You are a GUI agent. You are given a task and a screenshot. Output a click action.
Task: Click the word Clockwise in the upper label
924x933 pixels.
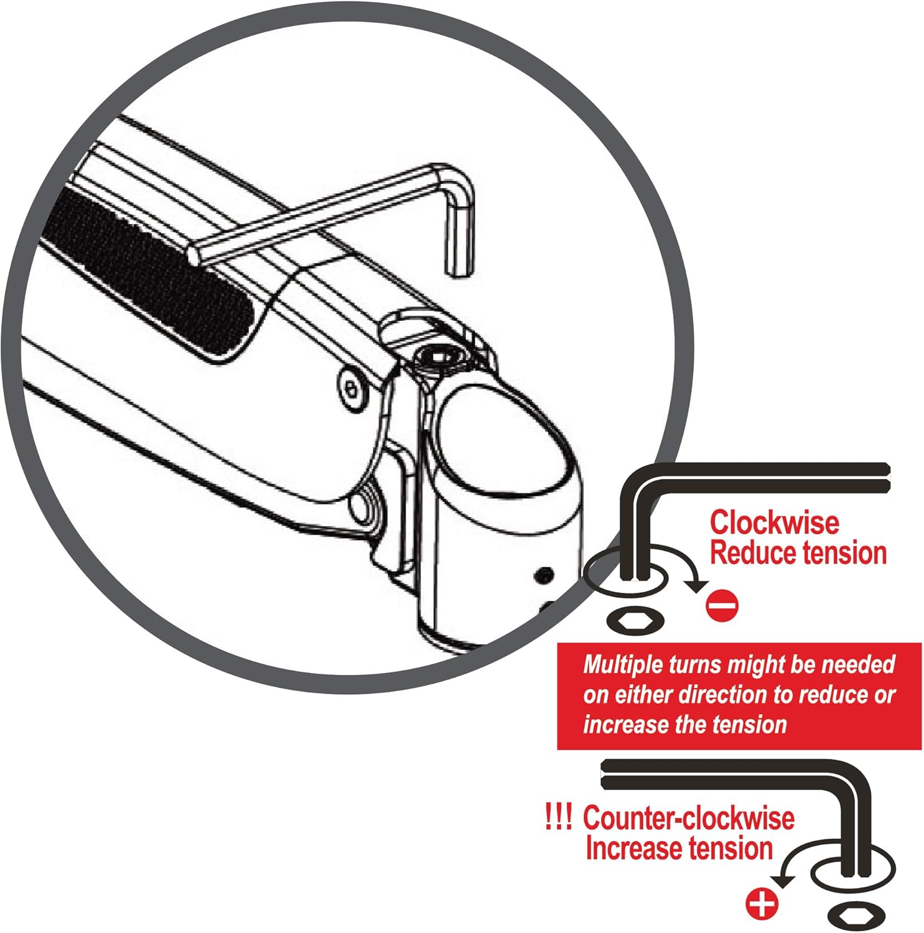(774, 522)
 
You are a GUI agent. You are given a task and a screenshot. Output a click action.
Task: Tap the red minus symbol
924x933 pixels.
(722, 605)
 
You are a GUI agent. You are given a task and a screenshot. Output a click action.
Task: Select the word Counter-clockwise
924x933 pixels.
(688, 819)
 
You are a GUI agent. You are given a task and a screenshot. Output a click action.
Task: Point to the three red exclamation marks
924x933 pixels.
(558, 817)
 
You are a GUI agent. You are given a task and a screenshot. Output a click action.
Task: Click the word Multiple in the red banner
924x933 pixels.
(623, 665)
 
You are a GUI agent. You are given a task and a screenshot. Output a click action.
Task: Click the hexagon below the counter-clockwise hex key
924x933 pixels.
(857, 916)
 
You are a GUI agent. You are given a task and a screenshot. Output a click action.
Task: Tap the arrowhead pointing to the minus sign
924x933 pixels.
(696, 585)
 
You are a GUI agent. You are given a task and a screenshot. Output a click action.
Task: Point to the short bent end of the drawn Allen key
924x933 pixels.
(459, 230)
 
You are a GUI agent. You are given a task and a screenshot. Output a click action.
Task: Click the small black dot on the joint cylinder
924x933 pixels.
(546, 576)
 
